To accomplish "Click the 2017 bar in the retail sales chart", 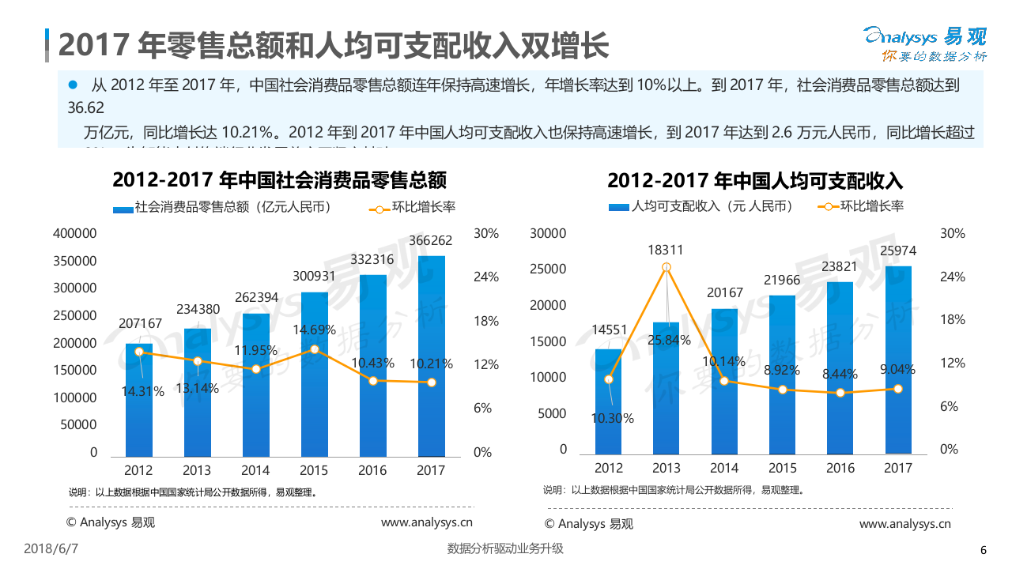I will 431,356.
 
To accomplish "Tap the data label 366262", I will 431,240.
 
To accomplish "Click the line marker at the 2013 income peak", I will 666,268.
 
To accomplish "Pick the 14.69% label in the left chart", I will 314,330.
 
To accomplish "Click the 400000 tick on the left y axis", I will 75,233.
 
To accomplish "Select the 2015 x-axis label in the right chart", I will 783,468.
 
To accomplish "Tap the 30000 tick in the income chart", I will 548,233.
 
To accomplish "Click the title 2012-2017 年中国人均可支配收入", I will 755,180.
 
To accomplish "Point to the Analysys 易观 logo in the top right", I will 923,43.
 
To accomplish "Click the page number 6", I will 983,551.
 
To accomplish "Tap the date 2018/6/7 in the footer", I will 56,548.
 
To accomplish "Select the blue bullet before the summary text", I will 73,84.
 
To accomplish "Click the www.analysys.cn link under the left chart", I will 426,522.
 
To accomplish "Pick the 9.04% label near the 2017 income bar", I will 897,369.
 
